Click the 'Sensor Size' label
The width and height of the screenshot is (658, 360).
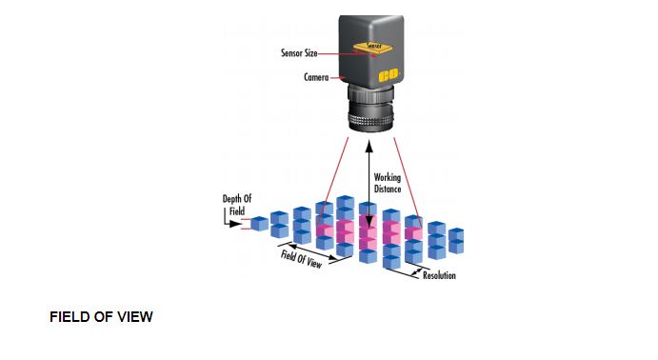pos(299,53)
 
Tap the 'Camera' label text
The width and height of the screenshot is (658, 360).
pos(316,77)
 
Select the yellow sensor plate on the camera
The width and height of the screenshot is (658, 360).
pos(372,47)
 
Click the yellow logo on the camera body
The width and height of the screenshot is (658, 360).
pos(389,75)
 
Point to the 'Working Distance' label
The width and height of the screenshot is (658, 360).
pos(388,183)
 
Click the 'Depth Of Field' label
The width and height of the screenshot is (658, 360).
pos(237,205)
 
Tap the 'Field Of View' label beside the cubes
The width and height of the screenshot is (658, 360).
pos(301,259)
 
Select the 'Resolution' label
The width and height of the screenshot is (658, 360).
pos(439,275)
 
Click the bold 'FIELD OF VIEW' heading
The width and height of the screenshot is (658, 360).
pos(101,317)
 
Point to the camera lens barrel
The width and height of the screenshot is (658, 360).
pos(370,109)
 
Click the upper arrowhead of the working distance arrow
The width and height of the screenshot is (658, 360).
pos(369,146)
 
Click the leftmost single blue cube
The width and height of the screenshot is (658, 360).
pos(259,224)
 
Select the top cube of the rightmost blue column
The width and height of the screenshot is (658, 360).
pos(456,234)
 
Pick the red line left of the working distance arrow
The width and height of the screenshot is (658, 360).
pos(333,180)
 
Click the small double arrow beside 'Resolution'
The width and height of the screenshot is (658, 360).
pos(416,273)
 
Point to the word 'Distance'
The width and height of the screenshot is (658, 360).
pos(388,189)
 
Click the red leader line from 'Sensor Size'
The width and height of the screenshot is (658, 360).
pos(347,54)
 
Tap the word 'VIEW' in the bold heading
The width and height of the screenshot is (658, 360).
pos(135,317)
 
